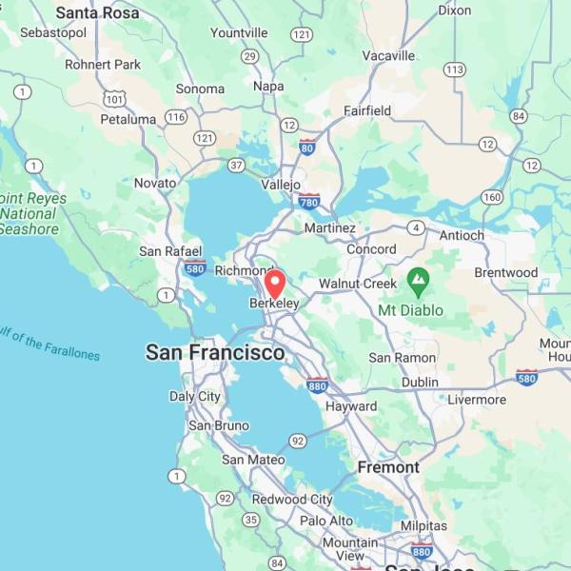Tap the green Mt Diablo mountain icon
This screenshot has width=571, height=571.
pyautogui.click(x=417, y=281)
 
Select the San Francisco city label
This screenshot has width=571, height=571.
pyautogui.click(x=214, y=353)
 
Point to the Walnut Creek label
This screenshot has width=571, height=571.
pyautogui.click(x=357, y=284)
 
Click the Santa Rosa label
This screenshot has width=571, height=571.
pyautogui.click(x=97, y=13)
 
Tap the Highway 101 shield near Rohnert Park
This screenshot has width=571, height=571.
pyautogui.click(x=115, y=98)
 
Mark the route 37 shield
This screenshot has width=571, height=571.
pyautogui.click(x=236, y=165)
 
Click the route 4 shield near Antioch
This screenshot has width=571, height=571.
pyautogui.click(x=416, y=227)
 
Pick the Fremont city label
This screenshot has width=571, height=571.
pyautogui.click(x=388, y=467)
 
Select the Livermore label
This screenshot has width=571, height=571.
pyautogui.click(x=477, y=400)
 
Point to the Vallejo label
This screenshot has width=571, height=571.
pyautogui.click(x=281, y=185)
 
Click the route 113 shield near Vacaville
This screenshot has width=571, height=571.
pyautogui.click(x=454, y=69)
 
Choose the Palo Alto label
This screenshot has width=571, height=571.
pyautogui.click(x=326, y=521)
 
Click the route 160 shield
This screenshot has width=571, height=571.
pyautogui.click(x=491, y=197)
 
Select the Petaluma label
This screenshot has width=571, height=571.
pyautogui.click(x=128, y=120)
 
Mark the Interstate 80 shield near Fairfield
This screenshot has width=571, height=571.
pyautogui.click(x=306, y=148)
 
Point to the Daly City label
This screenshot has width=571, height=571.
pyautogui.click(x=195, y=397)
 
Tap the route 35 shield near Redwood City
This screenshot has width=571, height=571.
pyautogui.click(x=250, y=519)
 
